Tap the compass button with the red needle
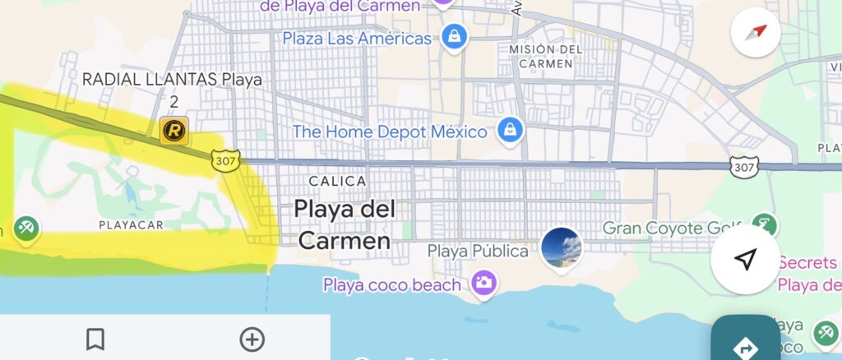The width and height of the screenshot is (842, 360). tap(755, 32)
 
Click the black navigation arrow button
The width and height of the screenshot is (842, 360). tap(744, 261)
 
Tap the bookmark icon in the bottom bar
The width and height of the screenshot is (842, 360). tap(95, 339)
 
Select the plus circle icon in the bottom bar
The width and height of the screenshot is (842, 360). tap(252, 339)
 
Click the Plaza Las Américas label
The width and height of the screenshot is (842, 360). tap(356, 39)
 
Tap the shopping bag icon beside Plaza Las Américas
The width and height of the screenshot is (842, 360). tap(454, 37)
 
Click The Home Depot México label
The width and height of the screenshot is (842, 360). tap(390, 131)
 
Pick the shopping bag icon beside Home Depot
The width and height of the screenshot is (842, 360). tap(511, 130)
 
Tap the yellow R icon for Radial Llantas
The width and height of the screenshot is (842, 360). tap(174, 130)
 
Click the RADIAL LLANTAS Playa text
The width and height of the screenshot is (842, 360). tap(172, 81)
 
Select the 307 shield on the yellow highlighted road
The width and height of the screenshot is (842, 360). tap(224, 160)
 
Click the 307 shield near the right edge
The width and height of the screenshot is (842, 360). tap(743, 167)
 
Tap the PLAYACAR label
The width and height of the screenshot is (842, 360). tap(131, 224)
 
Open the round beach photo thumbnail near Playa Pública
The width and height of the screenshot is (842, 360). tap(562, 247)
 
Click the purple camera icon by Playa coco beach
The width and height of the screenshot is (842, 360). tap(483, 284)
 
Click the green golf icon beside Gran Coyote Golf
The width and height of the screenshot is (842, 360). tap(765, 226)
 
